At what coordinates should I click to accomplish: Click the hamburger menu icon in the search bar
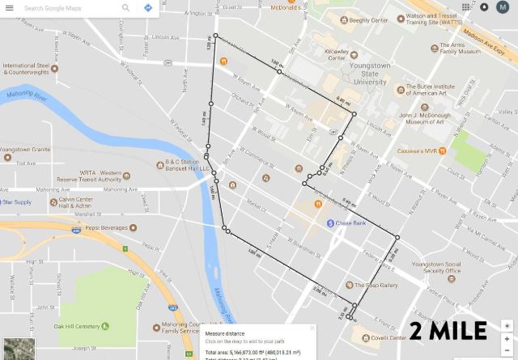[x=10, y=7]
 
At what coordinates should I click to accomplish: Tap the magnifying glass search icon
[x=125, y=7]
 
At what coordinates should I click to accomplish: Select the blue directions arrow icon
[x=148, y=7]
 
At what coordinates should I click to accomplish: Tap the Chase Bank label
[x=351, y=223]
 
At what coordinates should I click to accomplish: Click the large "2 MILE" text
[x=448, y=330]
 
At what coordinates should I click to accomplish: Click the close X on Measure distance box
[x=313, y=328]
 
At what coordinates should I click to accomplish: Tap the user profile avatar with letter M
[x=502, y=7]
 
